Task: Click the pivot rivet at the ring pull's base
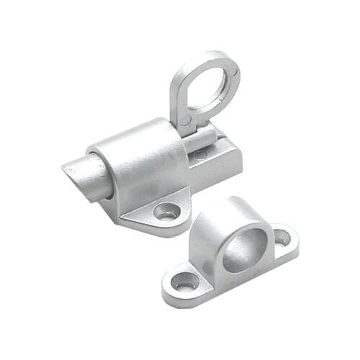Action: tap(186, 123)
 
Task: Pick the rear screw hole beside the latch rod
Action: tap(201, 153)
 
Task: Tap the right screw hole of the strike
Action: tap(282, 236)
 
